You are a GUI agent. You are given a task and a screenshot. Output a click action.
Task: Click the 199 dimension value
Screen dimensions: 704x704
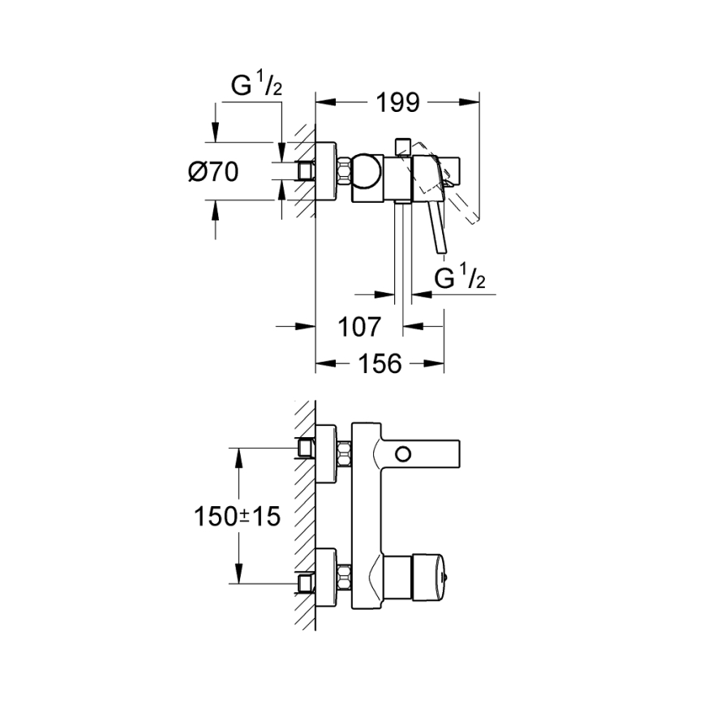tap(397, 102)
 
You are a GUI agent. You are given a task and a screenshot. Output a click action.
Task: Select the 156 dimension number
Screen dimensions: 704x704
tap(379, 364)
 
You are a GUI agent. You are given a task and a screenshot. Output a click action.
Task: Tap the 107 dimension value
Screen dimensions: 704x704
tap(358, 327)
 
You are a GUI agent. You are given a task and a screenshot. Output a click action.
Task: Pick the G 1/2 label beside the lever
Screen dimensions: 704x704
tap(460, 277)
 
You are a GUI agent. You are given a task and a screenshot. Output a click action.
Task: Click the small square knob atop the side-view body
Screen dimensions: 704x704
tap(400, 146)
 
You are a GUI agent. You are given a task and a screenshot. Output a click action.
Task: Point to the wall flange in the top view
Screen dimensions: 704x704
tap(324, 172)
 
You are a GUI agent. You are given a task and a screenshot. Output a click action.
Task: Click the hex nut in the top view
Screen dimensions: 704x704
tap(344, 172)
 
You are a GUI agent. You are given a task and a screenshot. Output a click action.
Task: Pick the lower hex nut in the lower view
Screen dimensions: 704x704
tap(344, 580)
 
